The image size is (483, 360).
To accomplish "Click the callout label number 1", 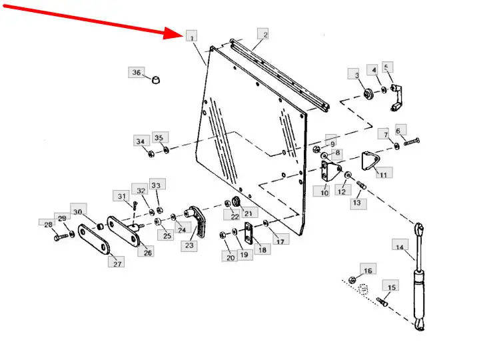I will pyautogui.click(x=192, y=37).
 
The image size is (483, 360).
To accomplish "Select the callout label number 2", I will pyautogui.click(x=264, y=35).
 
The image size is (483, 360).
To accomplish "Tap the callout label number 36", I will pyautogui.click(x=136, y=72).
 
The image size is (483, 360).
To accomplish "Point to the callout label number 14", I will pyautogui.click(x=400, y=248).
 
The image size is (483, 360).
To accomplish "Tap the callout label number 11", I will pyautogui.click(x=383, y=173).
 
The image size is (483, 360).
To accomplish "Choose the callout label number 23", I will pyautogui.click(x=190, y=245).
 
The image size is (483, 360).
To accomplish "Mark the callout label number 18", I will pyautogui.click(x=261, y=250).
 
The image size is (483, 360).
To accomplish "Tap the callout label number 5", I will pyautogui.click(x=388, y=67).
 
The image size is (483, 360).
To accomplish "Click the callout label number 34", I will pyautogui.click(x=140, y=141).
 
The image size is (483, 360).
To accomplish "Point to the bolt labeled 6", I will pyautogui.click(x=411, y=142).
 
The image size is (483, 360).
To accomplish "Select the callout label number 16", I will pyautogui.click(x=368, y=269).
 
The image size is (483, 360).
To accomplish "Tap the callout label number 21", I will pyautogui.click(x=249, y=213).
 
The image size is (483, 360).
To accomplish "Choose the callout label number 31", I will pyautogui.click(x=122, y=196).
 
